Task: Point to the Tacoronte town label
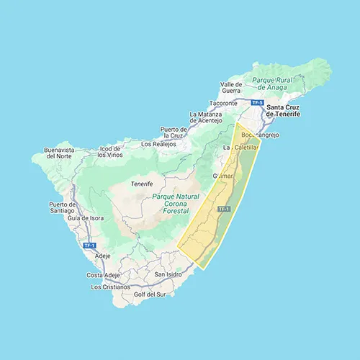coord(233,104)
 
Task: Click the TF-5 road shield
coord(258,103)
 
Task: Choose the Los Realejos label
coord(158,144)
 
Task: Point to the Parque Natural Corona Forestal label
coord(171,204)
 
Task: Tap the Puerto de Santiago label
coord(62,208)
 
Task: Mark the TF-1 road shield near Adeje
coord(89,246)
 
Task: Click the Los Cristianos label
coord(111,287)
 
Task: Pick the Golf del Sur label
coord(150,294)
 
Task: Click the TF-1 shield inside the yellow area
coord(223,209)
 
